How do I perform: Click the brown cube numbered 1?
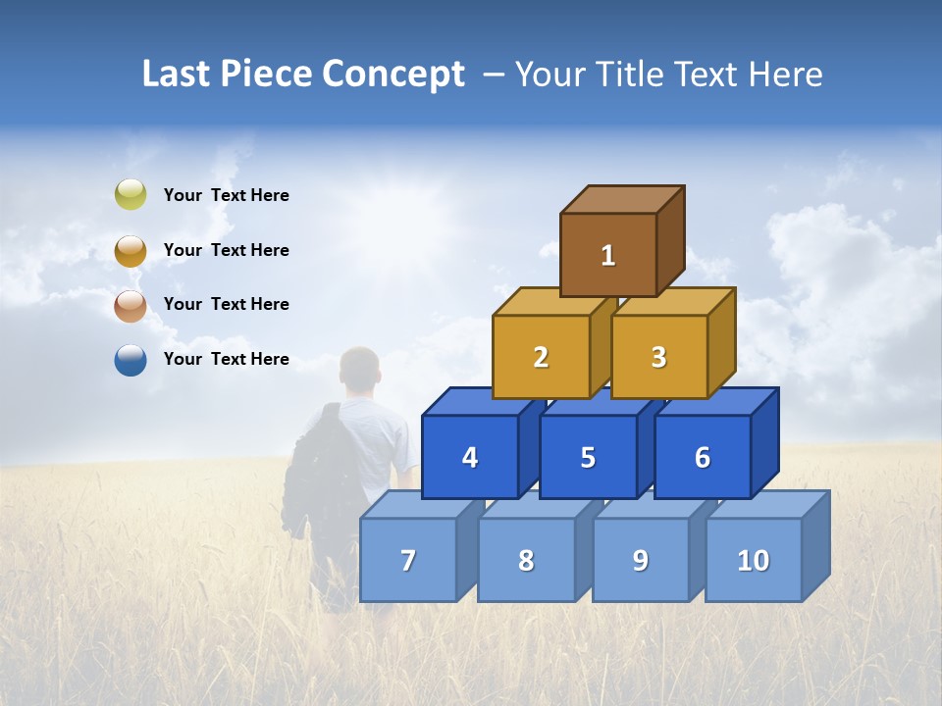click(x=608, y=255)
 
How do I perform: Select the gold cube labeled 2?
click(x=541, y=357)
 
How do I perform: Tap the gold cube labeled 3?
click(x=658, y=357)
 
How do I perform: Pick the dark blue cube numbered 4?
click(x=470, y=457)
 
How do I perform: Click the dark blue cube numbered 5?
click(x=588, y=457)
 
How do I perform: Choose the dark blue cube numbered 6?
click(x=703, y=457)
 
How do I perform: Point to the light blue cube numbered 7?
click(x=408, y=560)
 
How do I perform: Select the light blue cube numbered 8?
click(x=526, y=560)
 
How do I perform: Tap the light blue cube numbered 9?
click(x=641, y=560)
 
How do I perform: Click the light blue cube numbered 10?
click(x=754, y=560)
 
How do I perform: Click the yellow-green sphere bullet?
click(x=131, y=195)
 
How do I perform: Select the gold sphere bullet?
click(x=131, y=251)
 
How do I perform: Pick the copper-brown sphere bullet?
click(x=131, y=306)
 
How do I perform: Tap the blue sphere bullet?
click(x=131, y=360)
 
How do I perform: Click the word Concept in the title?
click(x=393, y=75)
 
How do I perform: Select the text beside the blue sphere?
click(x=227, y=359)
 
